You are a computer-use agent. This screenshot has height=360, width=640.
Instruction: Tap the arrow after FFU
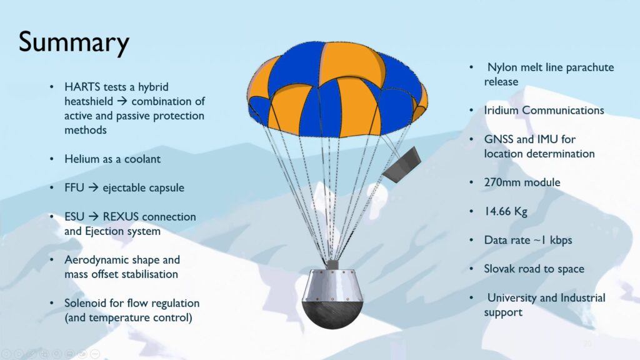point(93,187)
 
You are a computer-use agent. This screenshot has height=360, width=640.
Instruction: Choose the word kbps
point(561,241)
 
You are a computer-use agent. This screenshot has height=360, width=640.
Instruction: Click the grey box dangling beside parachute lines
point(402,165)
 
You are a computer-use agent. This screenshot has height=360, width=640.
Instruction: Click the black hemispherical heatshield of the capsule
point(332,314)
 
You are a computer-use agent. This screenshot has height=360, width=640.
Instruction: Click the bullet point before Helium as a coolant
point(51,159)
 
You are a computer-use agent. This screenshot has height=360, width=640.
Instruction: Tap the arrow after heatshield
point(122,101)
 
